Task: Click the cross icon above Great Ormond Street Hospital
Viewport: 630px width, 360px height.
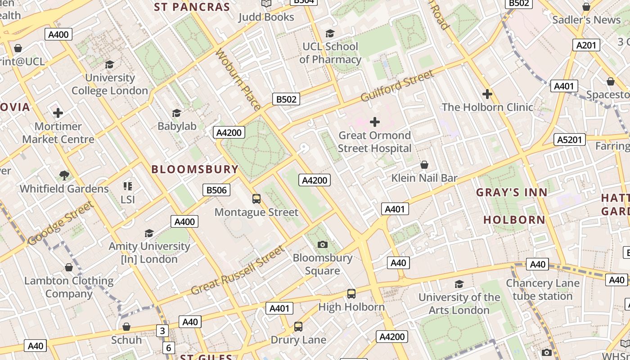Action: point(374,121)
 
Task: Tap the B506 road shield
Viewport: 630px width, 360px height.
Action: point(216,190)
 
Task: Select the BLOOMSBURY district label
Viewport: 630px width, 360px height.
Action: point(195,169)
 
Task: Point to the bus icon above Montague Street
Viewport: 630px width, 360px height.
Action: point(256,198)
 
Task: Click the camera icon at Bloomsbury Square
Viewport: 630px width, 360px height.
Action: point(323,244)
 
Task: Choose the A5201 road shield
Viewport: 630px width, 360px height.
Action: point(569,139)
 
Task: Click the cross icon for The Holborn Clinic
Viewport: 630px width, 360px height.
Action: point(487,94)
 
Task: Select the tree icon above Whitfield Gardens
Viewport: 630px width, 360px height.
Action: point(64,175)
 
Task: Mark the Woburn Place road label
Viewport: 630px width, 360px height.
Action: point(238,80)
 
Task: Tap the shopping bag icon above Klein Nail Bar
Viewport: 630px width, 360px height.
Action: point(424,165)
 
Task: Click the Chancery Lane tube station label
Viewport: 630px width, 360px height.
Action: point(542,289)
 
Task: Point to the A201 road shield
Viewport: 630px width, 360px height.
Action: point(586,45)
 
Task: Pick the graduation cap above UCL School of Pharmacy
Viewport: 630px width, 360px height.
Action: point(330,33)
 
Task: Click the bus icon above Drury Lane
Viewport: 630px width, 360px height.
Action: point(298,327)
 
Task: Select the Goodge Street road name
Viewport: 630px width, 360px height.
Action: point(61,224)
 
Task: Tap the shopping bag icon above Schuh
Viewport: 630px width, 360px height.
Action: point(126,327)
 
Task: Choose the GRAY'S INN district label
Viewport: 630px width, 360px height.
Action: point(512,192)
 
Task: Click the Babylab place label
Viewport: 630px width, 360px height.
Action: point(177,126)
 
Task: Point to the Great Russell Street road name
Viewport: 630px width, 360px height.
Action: point(238,270)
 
